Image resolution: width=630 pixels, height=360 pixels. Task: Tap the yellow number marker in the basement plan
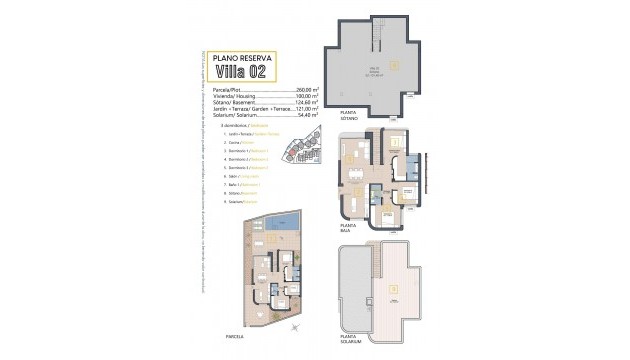[395, 66]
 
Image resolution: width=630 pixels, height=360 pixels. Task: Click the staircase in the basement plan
[377, 34]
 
